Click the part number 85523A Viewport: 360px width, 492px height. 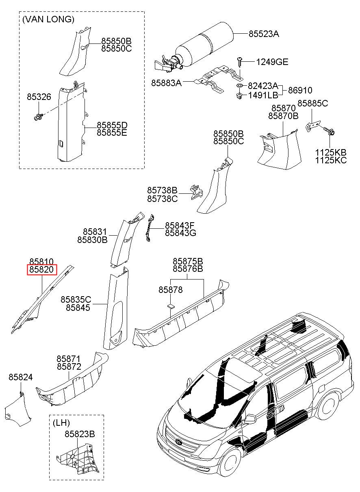coord(264,34)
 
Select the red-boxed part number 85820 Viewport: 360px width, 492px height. coord(41,270)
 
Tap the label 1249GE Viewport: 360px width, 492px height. coord(272,62)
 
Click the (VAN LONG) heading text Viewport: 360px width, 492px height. coord(48,19)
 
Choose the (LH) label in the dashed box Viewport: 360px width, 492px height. coord(60,423)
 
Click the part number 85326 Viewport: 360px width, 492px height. coord(39,97)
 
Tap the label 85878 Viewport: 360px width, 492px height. coord(170,290)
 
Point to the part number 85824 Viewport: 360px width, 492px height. coord(20,377)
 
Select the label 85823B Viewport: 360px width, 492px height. coord(80,434)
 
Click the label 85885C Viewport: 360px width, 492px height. coord(312,103)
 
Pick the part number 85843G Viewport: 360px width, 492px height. coord(180,233)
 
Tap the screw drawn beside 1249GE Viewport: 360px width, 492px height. coord(240,61)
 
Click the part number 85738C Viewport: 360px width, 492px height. coord(162,199)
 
